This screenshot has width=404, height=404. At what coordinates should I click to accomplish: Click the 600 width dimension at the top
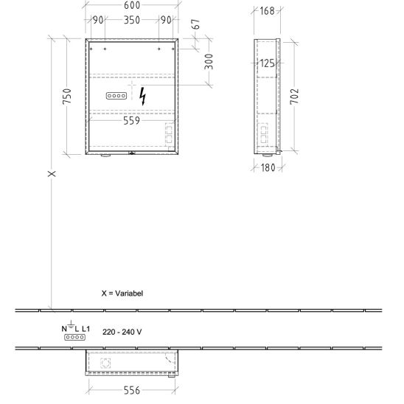coord(132,5)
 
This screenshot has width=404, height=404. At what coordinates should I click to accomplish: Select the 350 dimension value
coord(132,20)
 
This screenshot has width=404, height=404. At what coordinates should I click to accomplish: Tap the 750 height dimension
coord(67,97)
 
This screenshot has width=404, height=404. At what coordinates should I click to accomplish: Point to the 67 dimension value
coord(196,24)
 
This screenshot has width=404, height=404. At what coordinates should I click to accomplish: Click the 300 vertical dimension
coord(209,62)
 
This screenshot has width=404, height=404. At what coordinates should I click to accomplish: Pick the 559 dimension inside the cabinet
coord(131,121)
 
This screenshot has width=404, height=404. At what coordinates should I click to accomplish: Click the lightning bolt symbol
coord(142,97)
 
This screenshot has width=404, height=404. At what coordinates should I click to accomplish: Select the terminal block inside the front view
coord(116,96)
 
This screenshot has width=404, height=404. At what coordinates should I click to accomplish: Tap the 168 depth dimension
coord(267,11)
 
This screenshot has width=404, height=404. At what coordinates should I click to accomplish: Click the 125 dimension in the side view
coord(267,63)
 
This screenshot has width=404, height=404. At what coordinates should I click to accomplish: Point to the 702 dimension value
coord(294,97)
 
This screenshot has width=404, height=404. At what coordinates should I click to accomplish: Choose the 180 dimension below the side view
coord(268,168)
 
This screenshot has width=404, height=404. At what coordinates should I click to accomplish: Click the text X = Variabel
coord(122,293)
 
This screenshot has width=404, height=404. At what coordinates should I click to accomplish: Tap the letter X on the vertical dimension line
coord(52,174)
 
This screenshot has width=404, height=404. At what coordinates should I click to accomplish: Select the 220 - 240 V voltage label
coord(122,332)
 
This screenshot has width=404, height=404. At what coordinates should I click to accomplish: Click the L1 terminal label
coord(86,329)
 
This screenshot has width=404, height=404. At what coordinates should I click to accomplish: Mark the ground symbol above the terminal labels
coord(71,324)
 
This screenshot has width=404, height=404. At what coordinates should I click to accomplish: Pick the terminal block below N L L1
coord(74,337)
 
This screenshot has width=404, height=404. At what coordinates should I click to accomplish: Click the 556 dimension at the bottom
coord(132,390)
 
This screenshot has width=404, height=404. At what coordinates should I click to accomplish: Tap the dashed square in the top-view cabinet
coord(105,363)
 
